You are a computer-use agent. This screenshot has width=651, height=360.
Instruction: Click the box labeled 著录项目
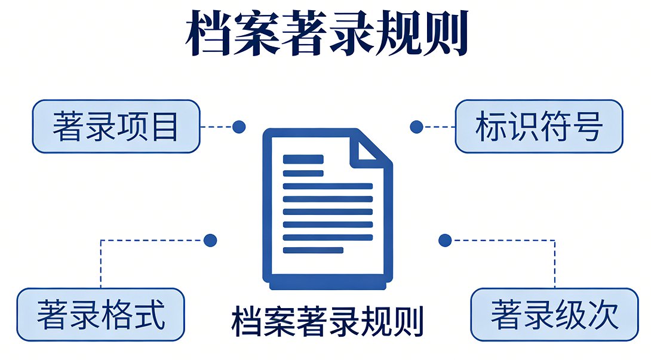116,127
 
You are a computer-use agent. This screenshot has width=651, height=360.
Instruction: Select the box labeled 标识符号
539,127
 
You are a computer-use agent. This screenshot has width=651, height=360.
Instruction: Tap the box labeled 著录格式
101,315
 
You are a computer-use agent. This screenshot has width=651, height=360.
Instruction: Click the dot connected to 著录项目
239,127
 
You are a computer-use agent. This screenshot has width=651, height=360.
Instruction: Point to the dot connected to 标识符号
417,127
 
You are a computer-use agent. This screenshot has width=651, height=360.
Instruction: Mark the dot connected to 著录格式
210,241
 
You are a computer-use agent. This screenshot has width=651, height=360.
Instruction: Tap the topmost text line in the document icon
303,159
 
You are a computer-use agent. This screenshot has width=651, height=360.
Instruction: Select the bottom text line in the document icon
313,250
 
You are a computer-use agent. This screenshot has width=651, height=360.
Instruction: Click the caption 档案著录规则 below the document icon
327,321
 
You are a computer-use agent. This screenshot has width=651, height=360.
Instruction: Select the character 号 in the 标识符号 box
587,127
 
